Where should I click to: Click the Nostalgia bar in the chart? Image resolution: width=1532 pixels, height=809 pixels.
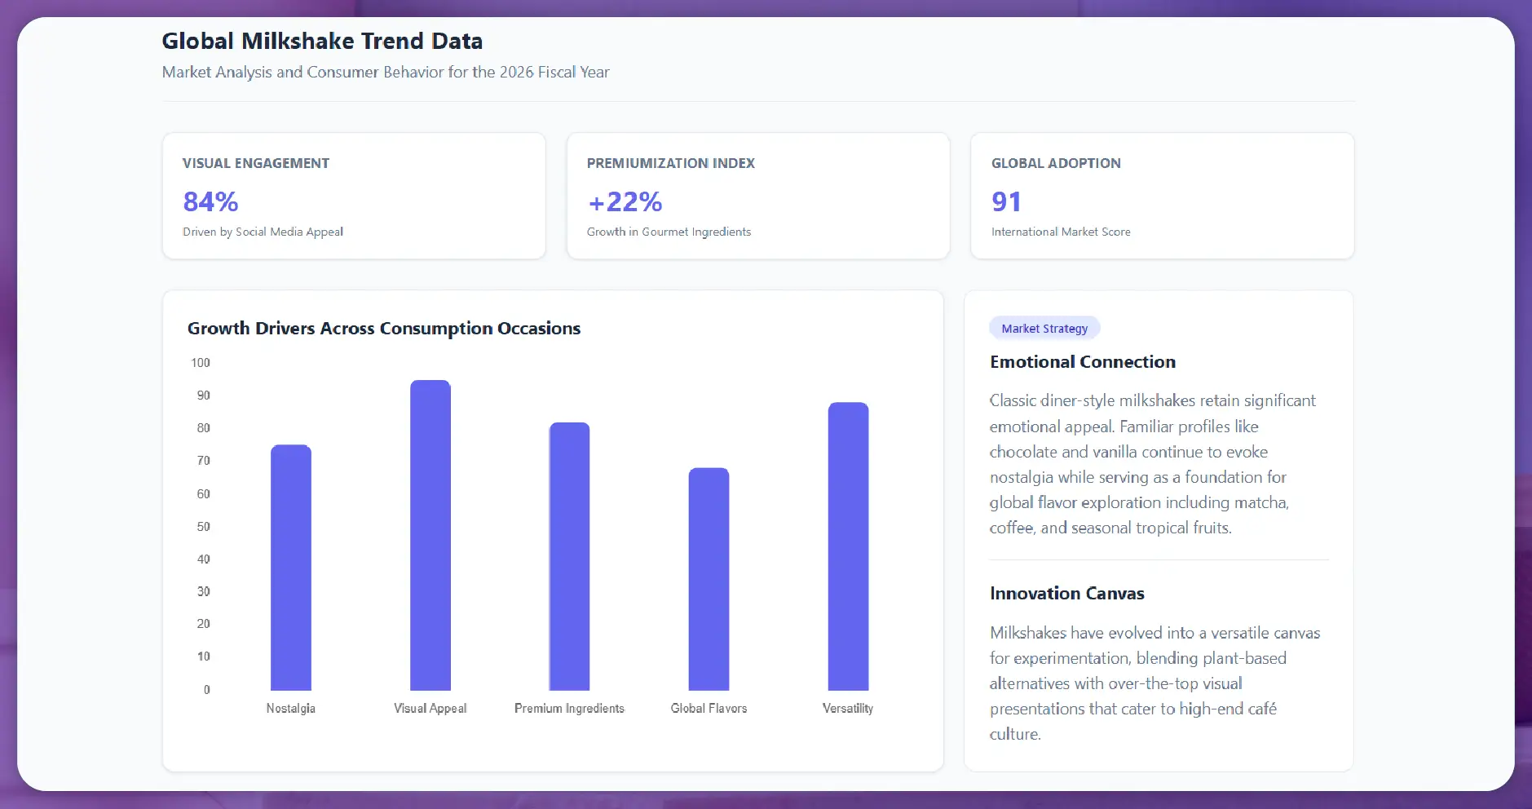coord(291,568)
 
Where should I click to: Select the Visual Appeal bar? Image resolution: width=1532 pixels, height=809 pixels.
coord(430,535)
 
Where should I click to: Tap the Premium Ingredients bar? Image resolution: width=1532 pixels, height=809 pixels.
coord(569,556)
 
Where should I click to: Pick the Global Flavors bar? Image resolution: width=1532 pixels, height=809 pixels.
coord(709,579)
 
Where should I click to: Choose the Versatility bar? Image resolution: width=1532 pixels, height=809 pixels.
coord(848,546)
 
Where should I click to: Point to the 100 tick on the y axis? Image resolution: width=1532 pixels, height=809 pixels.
coord(201,363)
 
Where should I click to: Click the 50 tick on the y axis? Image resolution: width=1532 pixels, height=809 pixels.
coord(203,527)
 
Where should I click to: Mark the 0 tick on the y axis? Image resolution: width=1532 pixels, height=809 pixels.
coord(206,690)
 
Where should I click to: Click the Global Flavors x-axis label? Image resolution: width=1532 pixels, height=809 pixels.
coord(709,709)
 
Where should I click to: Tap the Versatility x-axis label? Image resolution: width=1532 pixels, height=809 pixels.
coord(848,709)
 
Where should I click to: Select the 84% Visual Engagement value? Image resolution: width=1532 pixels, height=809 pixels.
coord(210,201)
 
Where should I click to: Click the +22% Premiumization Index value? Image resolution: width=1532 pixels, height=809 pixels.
coord(625,201)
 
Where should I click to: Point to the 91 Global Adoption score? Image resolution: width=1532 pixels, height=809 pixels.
coord(1006,201)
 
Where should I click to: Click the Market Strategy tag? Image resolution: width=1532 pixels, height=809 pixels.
coord(1044,329)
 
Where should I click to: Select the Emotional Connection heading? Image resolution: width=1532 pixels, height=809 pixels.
coord(1083,362)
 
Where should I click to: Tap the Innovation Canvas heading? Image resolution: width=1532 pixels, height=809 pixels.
coord(1067,594)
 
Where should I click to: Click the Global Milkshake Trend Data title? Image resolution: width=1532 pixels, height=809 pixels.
coord(322,41)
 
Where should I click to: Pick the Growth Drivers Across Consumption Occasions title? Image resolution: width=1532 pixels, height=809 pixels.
coord(384,329)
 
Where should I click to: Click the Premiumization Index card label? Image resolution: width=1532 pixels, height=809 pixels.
coord(671,163)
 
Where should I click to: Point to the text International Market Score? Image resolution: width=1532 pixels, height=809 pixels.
coord(1061,232)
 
